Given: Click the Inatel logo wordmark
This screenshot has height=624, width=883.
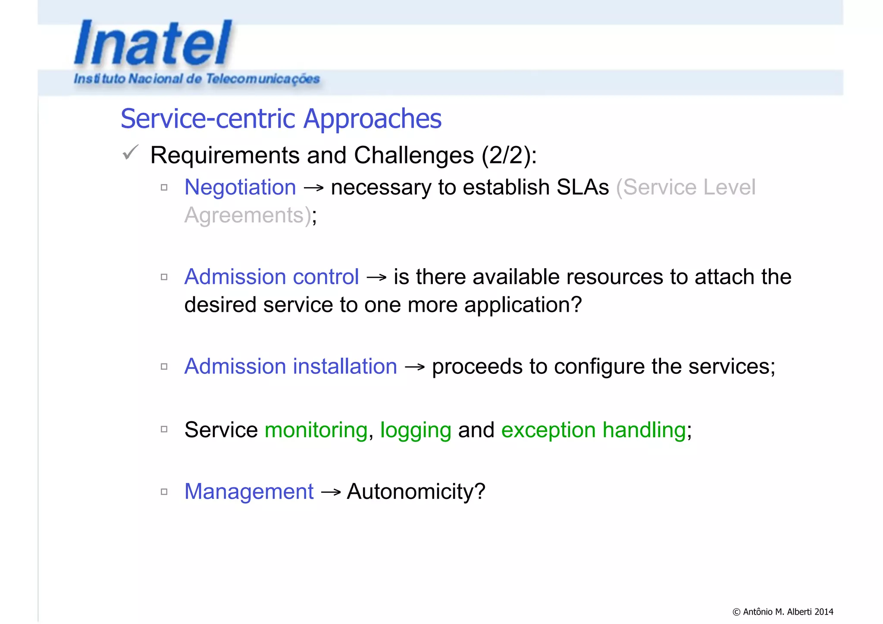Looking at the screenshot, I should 153,43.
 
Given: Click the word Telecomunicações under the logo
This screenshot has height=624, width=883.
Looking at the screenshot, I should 263,79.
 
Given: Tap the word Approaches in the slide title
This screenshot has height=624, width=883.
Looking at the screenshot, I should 372,119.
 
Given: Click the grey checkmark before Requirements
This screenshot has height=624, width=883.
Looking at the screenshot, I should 130,153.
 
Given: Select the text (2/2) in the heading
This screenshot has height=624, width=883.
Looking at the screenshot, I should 506,155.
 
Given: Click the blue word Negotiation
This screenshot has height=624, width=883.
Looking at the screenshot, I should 240,188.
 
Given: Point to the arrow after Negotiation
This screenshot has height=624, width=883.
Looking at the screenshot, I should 313,188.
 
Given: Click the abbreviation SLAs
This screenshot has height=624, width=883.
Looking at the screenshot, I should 582,188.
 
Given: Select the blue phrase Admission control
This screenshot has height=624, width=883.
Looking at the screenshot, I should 272,277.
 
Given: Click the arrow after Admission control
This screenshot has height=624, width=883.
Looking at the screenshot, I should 376,277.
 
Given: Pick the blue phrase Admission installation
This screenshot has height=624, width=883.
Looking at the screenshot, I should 291,367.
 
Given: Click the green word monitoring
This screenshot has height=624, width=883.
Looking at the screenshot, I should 316,430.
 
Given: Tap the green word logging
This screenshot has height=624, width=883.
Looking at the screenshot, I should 415,430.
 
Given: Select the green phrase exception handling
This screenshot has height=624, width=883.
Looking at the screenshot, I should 593,430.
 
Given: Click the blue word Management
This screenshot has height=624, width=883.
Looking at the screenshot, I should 249,492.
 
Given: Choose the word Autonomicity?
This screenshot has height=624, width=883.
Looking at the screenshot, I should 416,492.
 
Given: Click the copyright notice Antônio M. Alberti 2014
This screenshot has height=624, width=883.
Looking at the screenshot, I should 783,611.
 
